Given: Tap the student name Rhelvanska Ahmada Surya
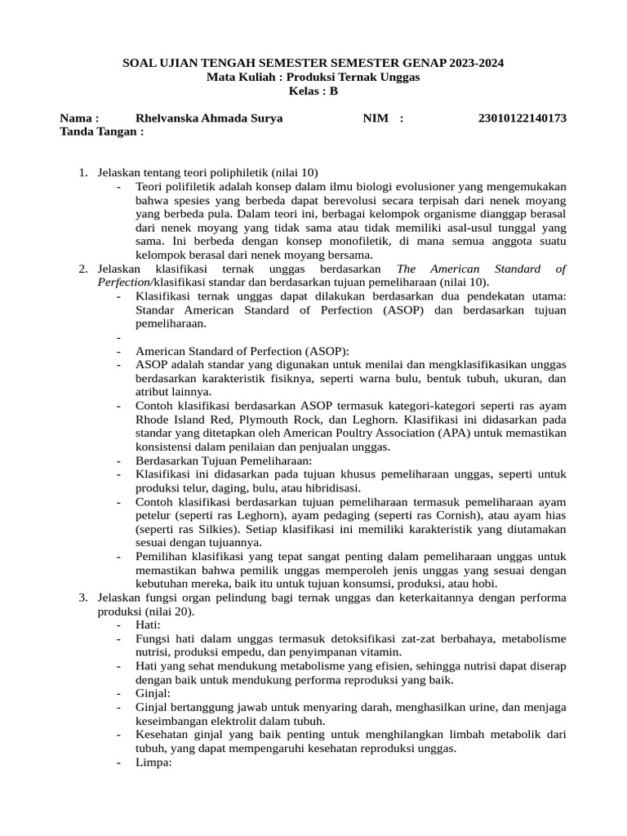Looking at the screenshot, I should coord(209,118).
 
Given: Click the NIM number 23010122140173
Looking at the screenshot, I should coord(522,118).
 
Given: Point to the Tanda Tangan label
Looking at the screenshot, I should coord(101,131).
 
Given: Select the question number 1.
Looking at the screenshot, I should coord(83,173).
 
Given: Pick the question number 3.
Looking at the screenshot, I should coord(83,598).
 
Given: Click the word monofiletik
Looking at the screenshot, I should coord(365,241).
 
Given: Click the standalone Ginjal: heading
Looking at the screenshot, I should coord(153,693).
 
